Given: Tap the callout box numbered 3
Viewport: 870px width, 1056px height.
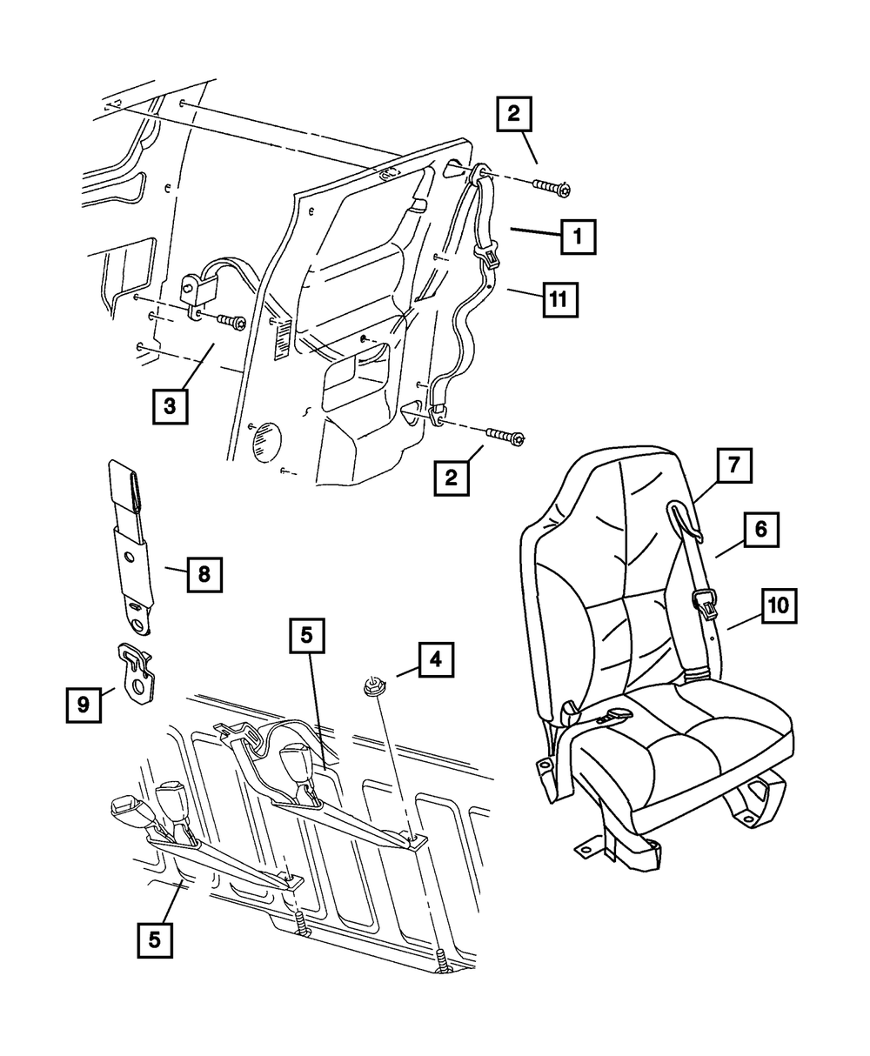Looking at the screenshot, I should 170,405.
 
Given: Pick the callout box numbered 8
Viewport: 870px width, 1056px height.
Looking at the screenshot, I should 204,573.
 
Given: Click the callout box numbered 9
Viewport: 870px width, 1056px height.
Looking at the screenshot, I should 84,704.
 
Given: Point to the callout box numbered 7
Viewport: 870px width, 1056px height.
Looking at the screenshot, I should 734,465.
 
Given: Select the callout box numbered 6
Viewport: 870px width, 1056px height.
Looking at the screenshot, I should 760,529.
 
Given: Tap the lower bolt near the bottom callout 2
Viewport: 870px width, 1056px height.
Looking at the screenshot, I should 505,437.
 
